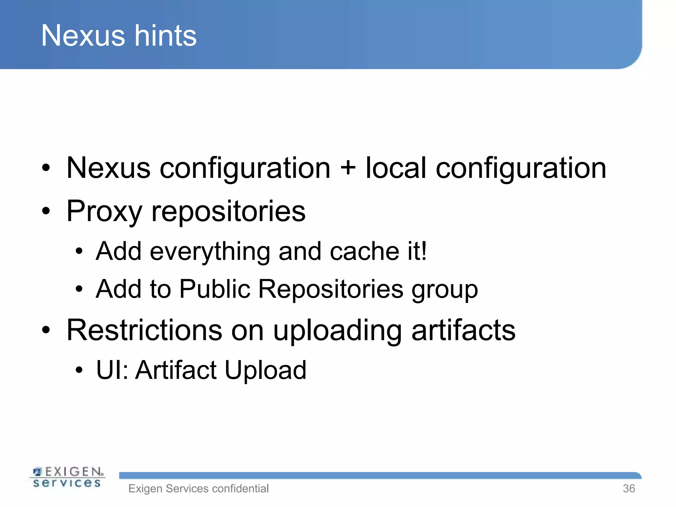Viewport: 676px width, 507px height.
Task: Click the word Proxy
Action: point(104,211)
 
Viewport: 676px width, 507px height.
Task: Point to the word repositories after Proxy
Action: point(228,211)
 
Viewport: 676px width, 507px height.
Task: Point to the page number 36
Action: point(629,489)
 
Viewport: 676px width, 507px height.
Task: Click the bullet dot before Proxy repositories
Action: point(46,211)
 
